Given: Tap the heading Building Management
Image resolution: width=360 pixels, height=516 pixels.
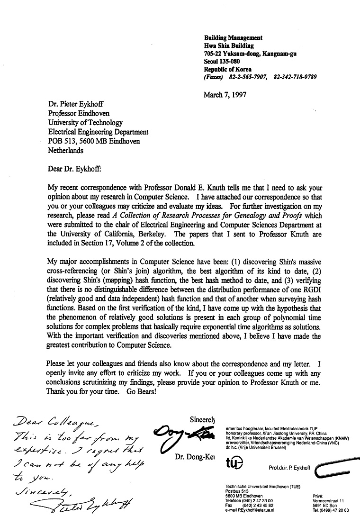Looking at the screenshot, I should (x=233, y=38).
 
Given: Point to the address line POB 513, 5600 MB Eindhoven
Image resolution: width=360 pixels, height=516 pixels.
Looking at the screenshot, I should (x=94, y=141).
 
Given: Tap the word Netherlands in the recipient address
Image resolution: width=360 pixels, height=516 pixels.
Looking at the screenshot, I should (x=66, y=150).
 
